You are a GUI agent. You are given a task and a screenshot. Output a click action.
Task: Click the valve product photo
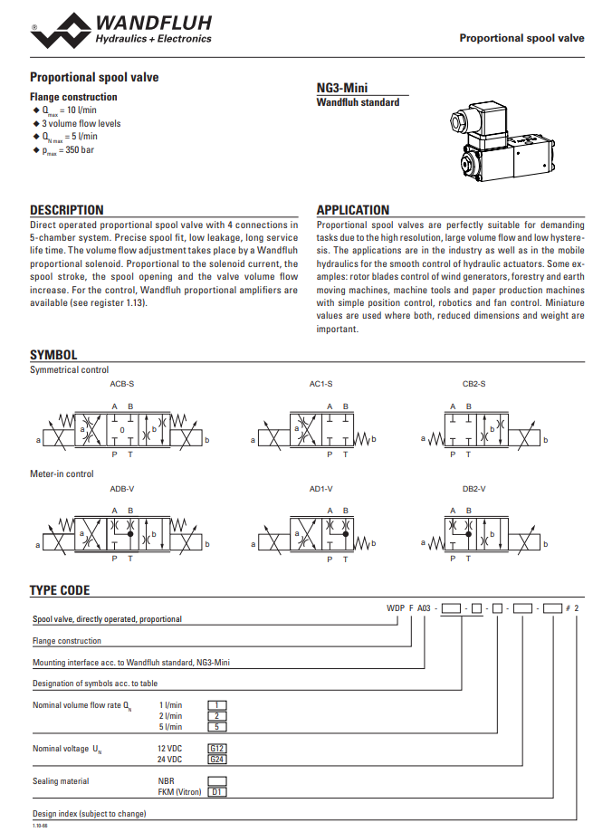(x=499, y=143)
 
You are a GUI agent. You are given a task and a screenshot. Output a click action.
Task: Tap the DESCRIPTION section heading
(x=67, y=210)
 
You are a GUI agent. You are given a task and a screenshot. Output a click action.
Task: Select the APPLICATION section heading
(x=353, y=210)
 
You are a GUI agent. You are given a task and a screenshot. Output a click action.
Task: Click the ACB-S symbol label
(x=121, y=384)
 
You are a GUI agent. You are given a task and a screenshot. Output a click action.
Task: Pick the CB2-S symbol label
(x=473, y=384)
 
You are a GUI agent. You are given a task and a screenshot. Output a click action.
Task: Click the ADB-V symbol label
(x=121, y=489)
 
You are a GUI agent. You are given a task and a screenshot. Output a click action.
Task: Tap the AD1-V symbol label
(x=320, y=489)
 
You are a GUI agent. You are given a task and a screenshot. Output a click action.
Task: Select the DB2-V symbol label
(x=474, y=489)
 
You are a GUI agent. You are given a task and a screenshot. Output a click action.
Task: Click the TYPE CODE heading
(x=60, y=590)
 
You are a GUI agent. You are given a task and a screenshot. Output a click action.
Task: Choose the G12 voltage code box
(x=217, y=749)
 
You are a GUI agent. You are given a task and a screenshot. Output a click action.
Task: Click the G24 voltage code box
(x=217, y=760)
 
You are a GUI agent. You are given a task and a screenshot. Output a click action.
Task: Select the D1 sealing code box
(x=217, y=792)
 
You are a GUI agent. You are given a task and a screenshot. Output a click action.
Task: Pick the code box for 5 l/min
(x=217, y=727)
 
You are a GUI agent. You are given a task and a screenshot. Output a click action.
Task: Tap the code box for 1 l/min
(x=217, y=705)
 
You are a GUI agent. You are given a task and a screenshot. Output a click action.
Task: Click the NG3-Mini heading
(x=341, y=89)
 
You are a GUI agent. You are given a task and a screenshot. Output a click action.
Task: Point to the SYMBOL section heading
(x=53, y=356)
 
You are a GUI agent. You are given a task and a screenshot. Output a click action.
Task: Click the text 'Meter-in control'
(x=62, y=473)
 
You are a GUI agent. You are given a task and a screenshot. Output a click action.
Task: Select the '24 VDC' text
(x=170, y=760)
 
